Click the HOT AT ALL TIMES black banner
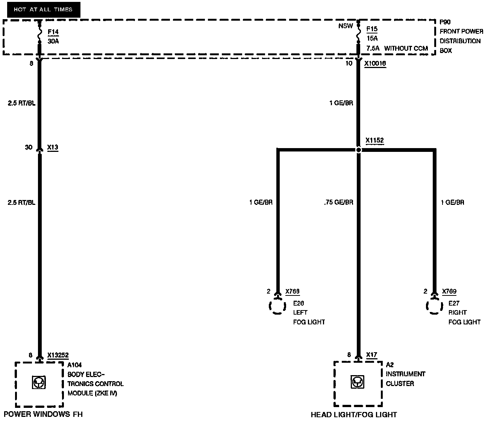coord(43,9)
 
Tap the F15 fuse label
coord(372,29)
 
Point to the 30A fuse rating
coord(53,41)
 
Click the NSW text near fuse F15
coord(346,26)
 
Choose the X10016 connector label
coord(375,64)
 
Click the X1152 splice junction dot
coord(359,150)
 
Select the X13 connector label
coord(53,147)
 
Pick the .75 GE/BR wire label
coord(338,202)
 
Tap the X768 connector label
coord(293,291)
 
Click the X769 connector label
coord(449,291)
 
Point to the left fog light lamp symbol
coord(277,306)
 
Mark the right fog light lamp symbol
coord(434,306)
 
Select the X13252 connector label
coord(58,355)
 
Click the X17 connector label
coord(371,354)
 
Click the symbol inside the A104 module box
coord(39,383)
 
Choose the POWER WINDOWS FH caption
coord(43,414)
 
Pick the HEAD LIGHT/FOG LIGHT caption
coord(353,415)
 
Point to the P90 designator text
coord(445,22)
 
